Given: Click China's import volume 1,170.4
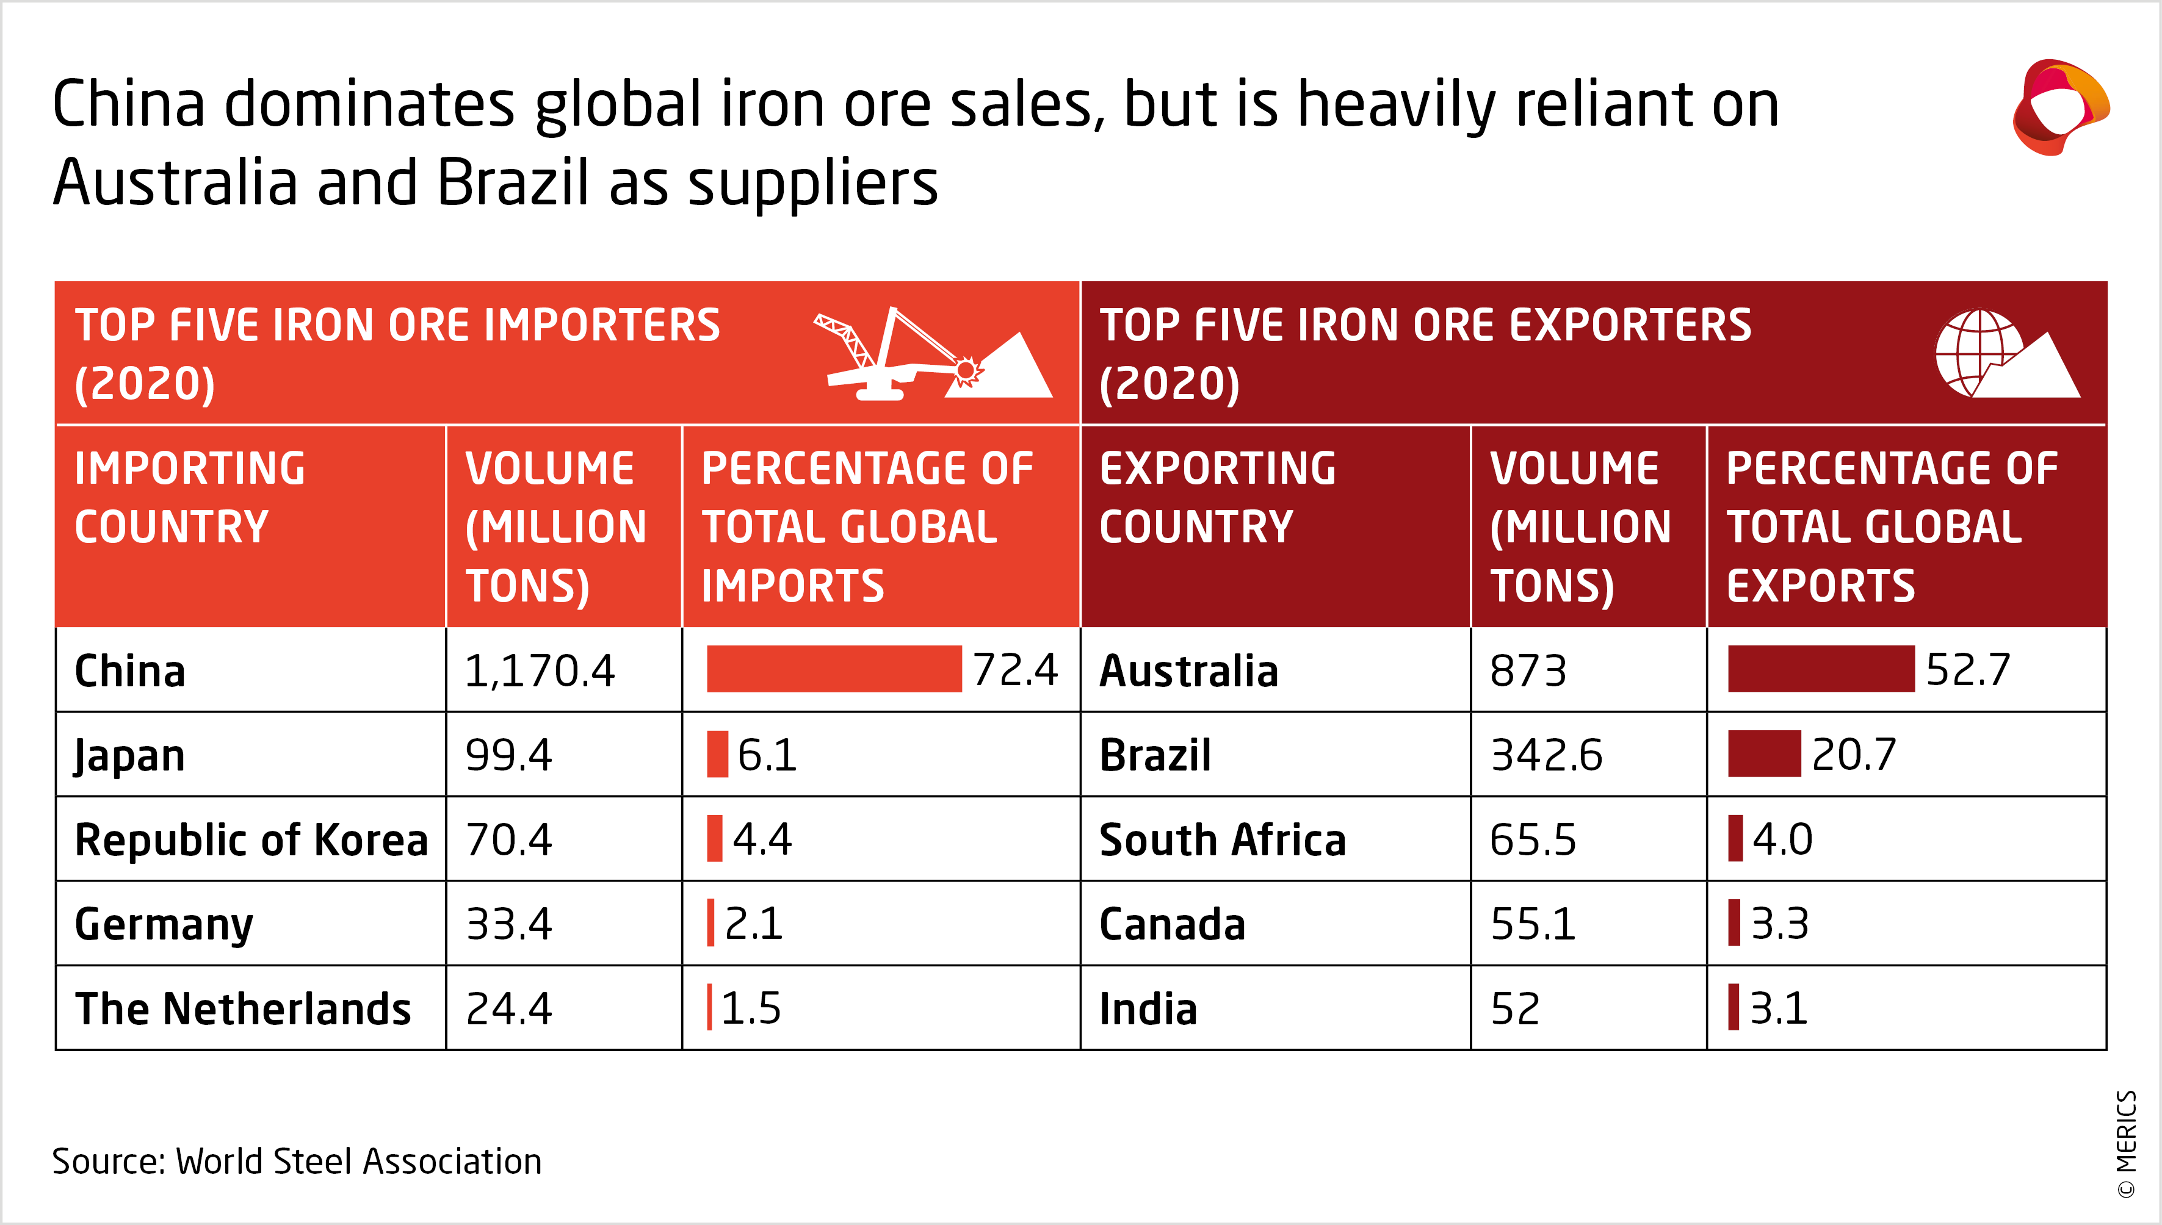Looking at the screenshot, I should (x=540, y=670).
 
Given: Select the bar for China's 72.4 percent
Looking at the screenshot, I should (x=833, y=669).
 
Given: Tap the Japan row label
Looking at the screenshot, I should (x=129, y=755).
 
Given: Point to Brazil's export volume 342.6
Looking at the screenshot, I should (x=1546, y=755).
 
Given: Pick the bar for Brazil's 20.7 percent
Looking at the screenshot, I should (x=1764, y=754).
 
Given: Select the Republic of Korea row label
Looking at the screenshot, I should (x=251, y=839).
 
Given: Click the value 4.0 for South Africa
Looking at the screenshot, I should (x=1782, y=839).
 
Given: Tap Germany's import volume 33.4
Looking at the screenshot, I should (x=509, y=924).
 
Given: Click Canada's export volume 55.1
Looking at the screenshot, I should (x=1533, y=924).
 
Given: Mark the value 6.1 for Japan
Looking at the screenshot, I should (x=767, y=755).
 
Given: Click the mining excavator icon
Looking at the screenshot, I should (x=931, y=355).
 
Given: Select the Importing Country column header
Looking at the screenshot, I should (x=190, y=497).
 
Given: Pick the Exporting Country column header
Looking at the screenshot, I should (x=1217, y=497).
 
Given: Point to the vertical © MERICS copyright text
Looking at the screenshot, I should (x=2126, y=1143).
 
